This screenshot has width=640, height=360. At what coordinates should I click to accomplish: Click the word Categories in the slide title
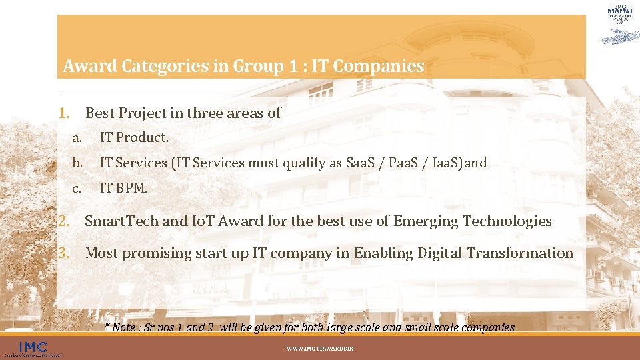pyautogui.click(x=151, y=67)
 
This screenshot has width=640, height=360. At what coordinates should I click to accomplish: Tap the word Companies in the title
pyautogui.click(x=387, y=67)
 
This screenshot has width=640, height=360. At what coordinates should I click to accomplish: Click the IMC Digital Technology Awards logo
pyautogui.click(x=620, y=23)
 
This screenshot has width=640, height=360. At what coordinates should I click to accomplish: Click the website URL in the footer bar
pyautogui.click(x=320, y=349)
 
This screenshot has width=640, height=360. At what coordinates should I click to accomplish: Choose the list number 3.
pyautogui.click(x=64, y=253)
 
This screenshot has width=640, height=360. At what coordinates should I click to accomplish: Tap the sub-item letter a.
pyautogui.click(x=77, y=138)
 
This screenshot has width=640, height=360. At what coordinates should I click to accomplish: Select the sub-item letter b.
pyautogui.click(x=78, y=163)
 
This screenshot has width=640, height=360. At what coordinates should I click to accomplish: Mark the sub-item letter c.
pyautogui.click(x=77, y=189)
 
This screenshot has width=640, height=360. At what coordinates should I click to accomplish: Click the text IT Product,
pyautogui.click(x=134, y=138)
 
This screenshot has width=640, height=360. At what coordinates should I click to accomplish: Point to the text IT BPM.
pyautogui.click(x=123, y=189)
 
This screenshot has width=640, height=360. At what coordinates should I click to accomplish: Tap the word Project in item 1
pyautogui.click(x=141, y=113)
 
